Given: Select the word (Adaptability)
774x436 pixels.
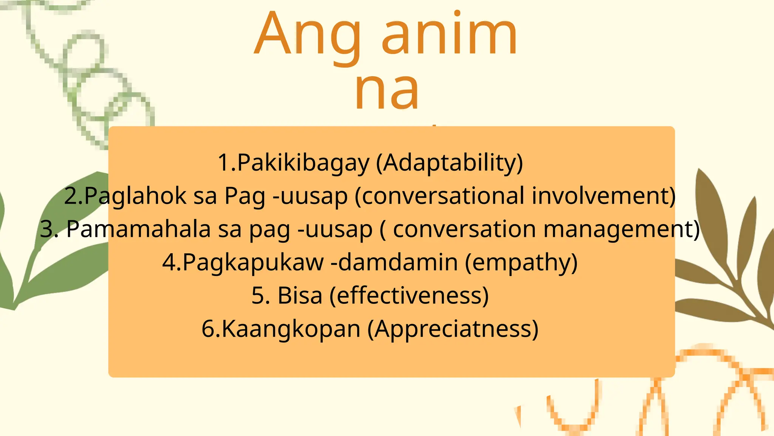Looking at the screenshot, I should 449,163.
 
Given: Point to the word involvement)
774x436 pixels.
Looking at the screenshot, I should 604,196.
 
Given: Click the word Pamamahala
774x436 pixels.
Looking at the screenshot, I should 138,229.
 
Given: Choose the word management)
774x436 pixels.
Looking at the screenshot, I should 621,229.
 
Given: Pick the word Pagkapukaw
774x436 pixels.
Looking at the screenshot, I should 253,262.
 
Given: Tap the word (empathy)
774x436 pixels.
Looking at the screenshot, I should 521,262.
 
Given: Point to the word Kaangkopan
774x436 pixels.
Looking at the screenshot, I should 291,329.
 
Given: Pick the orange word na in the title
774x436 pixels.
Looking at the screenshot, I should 386,91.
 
